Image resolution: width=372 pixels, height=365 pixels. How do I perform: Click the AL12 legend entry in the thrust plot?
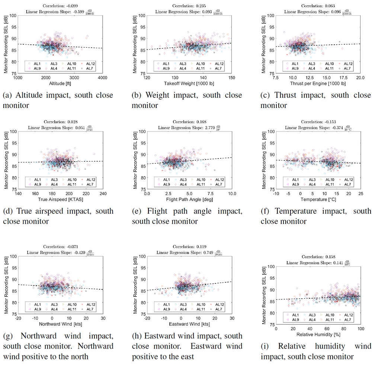[346, 64]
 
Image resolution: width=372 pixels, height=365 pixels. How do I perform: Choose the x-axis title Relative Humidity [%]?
[318, 335]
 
